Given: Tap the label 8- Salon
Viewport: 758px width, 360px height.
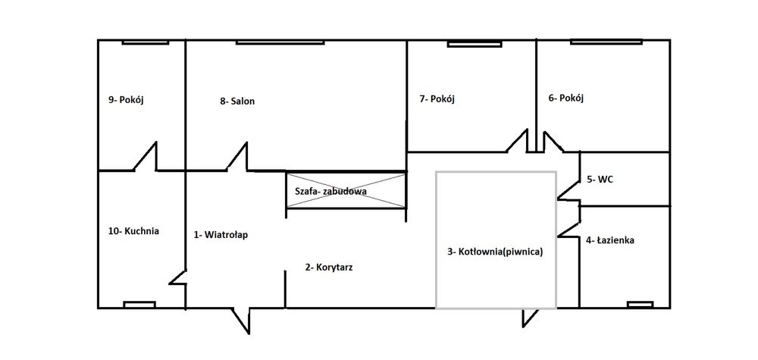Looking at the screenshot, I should pyautogui.click(x=236, y=101).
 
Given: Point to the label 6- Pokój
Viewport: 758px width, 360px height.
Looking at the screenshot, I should pyautogui.click(x=566, y=98).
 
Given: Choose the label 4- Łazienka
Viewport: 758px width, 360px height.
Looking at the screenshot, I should pyautogui.click(x=609, y=240).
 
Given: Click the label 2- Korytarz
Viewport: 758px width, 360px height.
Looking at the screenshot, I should pyautogui.click(x=329, y=267).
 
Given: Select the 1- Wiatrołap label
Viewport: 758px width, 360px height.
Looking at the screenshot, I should pyautogui.click(x=221, y=235).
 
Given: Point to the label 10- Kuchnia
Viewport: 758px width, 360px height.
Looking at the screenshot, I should pyautogui.click(x=133, y=231).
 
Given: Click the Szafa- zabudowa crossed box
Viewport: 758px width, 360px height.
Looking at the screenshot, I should pyautogui.click(x=346, y=191).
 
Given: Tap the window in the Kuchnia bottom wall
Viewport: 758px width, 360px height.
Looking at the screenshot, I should pyautogui.click(x=139, y=305).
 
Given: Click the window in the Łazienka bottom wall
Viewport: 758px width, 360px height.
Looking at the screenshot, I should pyautogui.click(x=640, y=305).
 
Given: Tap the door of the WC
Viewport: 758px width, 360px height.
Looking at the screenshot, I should pyautogui.click(x=568, y=190).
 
